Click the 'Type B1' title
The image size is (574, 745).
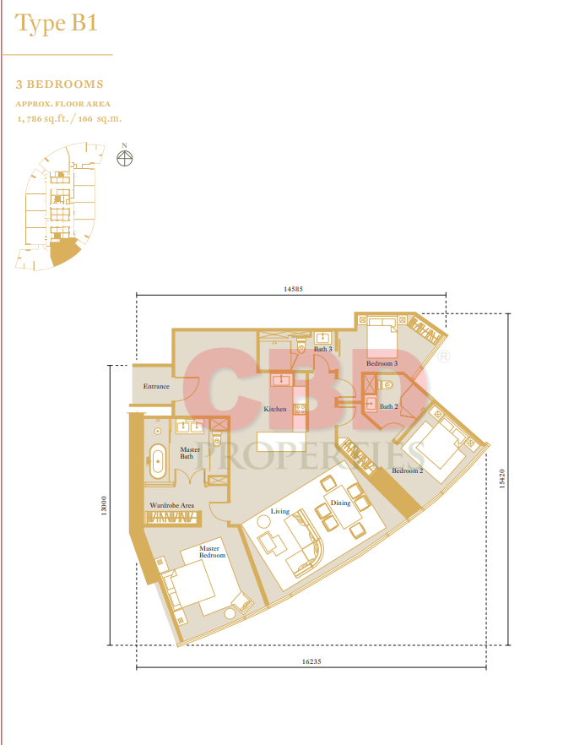click(56, 24)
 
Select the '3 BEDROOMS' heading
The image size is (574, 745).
click(59, 84)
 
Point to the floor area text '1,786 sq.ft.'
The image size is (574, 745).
click(42, 119)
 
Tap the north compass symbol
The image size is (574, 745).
click(124, 158)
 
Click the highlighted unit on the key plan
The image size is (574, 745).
click(63, 252)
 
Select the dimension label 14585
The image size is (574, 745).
click(293, 289)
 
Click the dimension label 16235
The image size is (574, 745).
click(311, 661)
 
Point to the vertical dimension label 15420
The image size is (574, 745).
click(502, 478)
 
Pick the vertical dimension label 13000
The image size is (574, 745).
click(104, 505)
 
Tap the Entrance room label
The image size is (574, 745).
click(156, 386)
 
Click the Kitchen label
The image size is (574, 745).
click(275, 409)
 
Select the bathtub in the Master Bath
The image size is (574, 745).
click(158, 461)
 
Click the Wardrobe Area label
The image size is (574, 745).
click(172, 505)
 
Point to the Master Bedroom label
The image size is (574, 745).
click(212, 552)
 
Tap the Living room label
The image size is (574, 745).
click(279, 511)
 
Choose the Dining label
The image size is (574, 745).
click(340, 503)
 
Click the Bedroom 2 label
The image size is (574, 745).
click(408, 470)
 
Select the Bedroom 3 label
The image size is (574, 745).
click(382, 363)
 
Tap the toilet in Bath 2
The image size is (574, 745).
click(386, 384)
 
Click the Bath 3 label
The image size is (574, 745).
click(322, 349)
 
